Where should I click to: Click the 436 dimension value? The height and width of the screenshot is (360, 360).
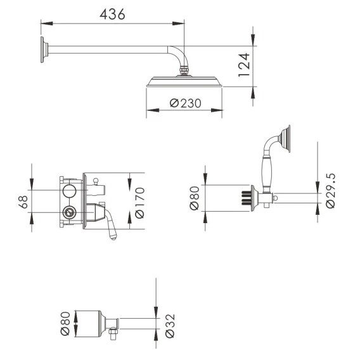click(x=113, y=14)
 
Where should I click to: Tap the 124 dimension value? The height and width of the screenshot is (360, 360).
click(x=244, y=65)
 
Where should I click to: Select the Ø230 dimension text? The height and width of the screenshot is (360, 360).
click(x=186, y=103)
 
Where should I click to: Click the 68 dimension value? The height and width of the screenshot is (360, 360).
click(x=23, y=202)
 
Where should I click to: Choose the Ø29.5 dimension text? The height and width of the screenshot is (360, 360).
click(x=330, y=191)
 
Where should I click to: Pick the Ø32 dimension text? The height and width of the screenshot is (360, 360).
click(x=170, y=326)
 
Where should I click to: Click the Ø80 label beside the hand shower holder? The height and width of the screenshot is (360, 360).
click(x=194, y=198)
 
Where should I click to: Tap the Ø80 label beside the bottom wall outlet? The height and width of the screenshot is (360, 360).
click(x=65, y=323)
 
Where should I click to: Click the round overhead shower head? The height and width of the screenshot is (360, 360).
click(x=184, y=82)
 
